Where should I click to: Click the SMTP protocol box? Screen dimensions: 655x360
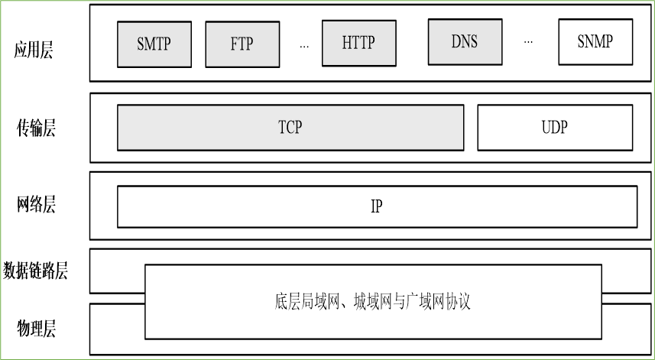[154, 44]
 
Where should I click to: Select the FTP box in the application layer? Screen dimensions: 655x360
[242, 44]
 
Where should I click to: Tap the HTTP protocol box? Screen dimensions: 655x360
[358, 42]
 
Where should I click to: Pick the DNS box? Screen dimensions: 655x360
[464, 41]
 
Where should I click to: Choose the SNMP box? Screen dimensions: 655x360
[595, 41]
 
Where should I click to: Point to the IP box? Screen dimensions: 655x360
[377, 206]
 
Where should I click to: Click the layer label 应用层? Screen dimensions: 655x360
[34, 51]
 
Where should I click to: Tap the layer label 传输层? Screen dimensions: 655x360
[37, 128]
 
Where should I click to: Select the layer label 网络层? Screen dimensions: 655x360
[37, 205]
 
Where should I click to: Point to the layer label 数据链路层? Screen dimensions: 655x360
[36, 270]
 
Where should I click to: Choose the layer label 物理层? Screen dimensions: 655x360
[37, 329]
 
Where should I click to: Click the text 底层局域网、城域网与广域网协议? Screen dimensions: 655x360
[372, 301]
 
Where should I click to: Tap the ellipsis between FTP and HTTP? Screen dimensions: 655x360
[304, 46]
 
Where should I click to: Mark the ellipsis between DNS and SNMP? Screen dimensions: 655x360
[528, 41]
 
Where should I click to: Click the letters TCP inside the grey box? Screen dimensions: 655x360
[290, 127]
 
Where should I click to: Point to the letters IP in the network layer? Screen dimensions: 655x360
[377, 206]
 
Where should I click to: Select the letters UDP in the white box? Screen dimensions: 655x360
[555, 127]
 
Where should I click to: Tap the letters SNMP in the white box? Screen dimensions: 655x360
[595, 41]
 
